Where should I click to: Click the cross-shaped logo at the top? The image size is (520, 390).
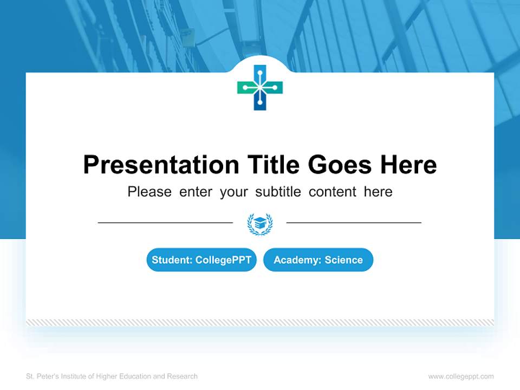point(260,87)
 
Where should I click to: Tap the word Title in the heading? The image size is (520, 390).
point(273,165)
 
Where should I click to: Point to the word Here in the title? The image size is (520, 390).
point(407,165)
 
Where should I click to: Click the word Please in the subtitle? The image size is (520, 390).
point(149,192)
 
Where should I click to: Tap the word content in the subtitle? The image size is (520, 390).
point(333,192)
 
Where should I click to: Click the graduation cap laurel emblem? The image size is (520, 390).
point(260,223)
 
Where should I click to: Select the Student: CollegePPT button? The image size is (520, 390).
point(201,260)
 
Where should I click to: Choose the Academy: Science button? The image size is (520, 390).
point(318,260)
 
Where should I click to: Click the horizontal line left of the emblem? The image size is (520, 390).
point(165,222)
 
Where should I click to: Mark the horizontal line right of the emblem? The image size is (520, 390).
point(354,222)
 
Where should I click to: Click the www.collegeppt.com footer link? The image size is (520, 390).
point(461,376)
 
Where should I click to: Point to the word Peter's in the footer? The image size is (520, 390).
point(47,376)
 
